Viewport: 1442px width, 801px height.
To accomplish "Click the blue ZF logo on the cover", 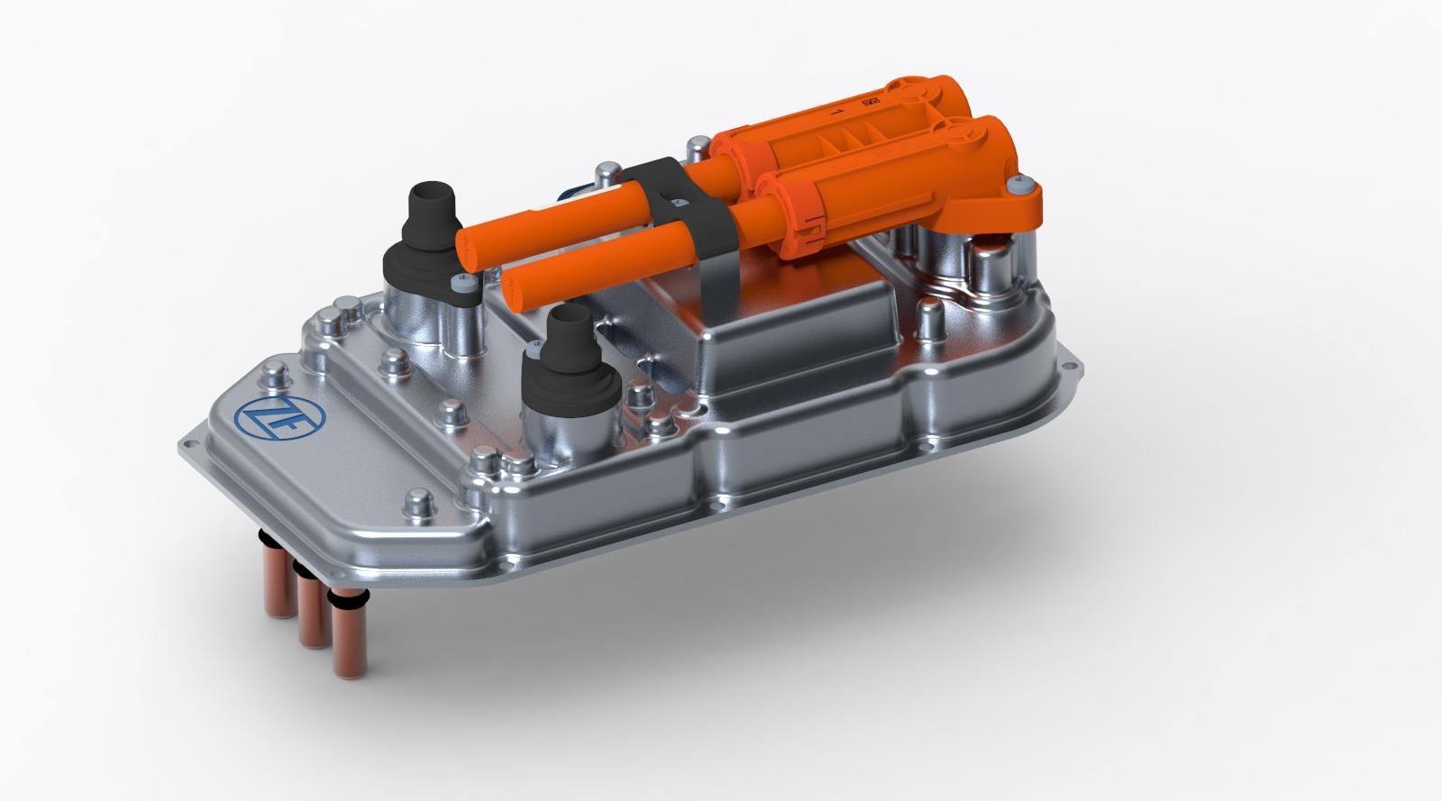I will tap(260, 417).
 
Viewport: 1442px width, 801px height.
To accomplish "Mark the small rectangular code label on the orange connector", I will tap(871, 103).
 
